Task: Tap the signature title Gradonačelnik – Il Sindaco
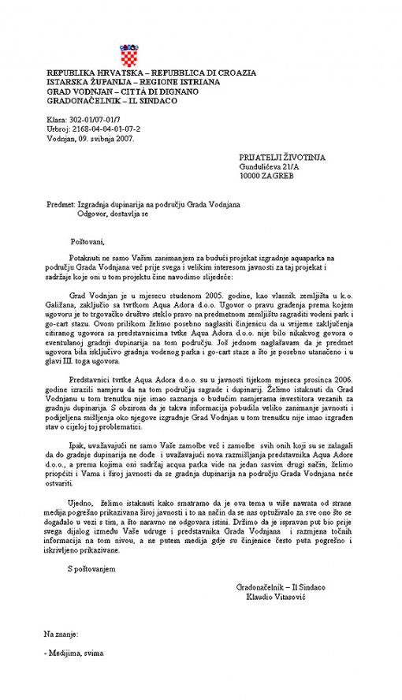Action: tap(281, 587)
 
